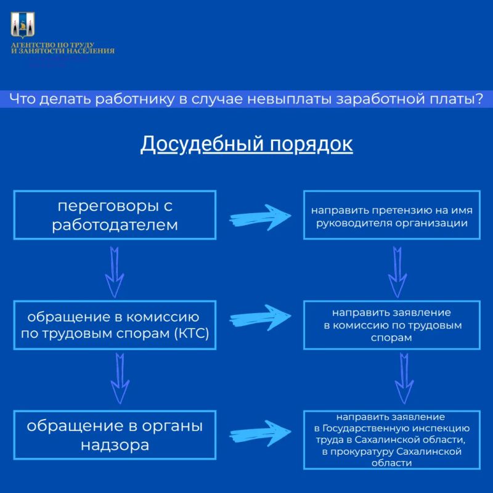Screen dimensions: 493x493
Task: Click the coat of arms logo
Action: [23, 25]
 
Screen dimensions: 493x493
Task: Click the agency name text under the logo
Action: [63, 48]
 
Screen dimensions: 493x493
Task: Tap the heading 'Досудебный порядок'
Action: [246, 144]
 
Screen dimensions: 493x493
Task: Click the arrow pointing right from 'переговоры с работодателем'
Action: [260, 218]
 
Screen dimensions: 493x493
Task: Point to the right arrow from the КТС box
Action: [260, 317]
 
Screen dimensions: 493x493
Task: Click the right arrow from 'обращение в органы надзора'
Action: [260, 434]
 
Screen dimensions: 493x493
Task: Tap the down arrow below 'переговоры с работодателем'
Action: [115, 272]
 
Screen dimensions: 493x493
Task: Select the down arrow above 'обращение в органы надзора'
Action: [120, 378]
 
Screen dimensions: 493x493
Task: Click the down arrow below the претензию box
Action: [397, 272]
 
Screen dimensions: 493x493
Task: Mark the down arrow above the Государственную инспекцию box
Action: [404, 378]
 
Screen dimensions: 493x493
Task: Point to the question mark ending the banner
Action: [479, 99]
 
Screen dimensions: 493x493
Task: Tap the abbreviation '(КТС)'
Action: [192, 333]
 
